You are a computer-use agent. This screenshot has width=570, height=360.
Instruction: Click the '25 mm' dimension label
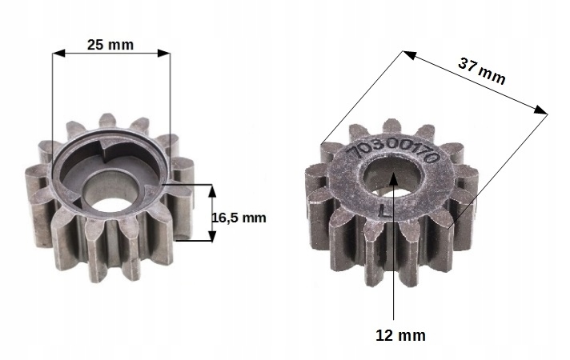point(110,45)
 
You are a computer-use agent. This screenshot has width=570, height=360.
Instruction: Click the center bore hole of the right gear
point(391,178)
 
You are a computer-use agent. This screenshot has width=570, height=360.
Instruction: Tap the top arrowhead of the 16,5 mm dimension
point(212,188)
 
